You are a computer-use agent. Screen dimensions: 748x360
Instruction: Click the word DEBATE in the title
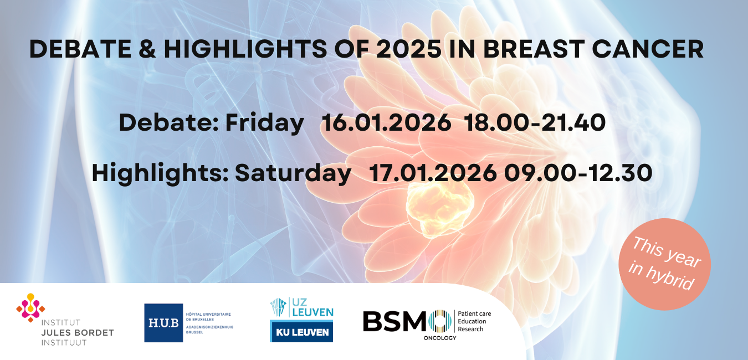(x=80, y=49)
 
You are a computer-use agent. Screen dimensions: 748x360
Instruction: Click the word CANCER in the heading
(x=648, y=49)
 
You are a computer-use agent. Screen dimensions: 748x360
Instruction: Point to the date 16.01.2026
(x=386, y=123)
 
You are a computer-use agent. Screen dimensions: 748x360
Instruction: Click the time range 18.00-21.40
(x=535, y=123)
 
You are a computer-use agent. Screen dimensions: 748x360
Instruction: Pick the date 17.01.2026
(x=433, y=173)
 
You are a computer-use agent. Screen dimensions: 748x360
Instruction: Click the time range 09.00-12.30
(x=578, y=173)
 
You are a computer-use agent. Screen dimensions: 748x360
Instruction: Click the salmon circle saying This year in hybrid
(x=664, y=264)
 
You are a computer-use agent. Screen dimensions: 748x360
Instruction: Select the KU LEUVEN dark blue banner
(x=301, y=331)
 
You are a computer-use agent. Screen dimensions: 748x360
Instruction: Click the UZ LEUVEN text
(x=312, y=307)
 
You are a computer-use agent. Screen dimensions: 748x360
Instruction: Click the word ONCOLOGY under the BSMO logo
(x=440, y=338)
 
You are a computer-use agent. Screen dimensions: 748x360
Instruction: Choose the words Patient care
(x=474, y=313)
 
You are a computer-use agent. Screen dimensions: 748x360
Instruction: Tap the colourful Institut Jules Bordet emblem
(x=30, y=307)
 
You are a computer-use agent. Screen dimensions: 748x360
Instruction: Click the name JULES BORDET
(x=78, y=333)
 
